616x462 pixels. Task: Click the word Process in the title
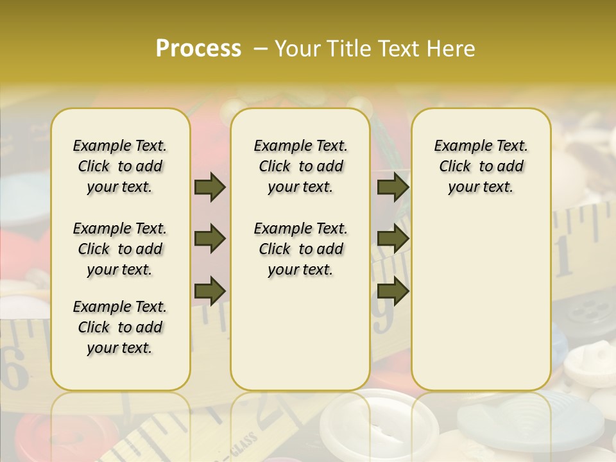pos(198,49)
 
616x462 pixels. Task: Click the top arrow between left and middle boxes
pos(210,187)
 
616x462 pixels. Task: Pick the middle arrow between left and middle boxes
pos(210,239)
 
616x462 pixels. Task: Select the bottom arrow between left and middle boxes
pos(210,291)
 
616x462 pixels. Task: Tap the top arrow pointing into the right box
pos(393,187)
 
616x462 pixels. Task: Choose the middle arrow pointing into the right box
pos(393,239)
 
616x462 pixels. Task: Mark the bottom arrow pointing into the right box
pos(393,291)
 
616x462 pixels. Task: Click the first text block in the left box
pos(120,166)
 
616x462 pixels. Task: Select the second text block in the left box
pos(120,249)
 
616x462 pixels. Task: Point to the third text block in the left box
pos(120,327)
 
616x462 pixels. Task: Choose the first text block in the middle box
pos(300,166)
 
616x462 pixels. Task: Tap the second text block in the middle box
pos(300,249)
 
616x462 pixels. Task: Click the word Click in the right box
pos(455,167)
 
